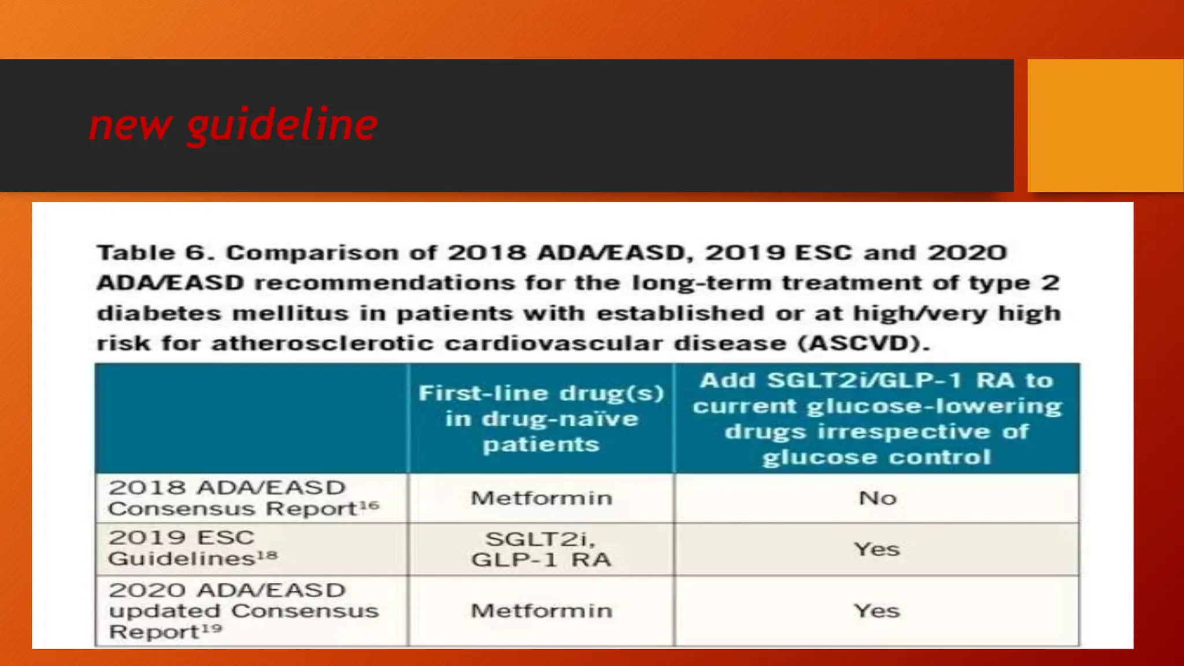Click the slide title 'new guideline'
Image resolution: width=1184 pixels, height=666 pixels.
pos(233,125)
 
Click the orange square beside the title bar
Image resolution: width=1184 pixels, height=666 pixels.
pos(1105,125)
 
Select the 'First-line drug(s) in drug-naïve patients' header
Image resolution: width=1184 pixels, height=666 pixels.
pos(541,419)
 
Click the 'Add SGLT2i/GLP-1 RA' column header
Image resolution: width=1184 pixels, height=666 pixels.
pos(877,419)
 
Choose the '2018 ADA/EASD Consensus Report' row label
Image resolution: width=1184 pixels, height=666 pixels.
pos(243,498)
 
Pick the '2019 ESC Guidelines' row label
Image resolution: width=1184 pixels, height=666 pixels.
pos(192,548)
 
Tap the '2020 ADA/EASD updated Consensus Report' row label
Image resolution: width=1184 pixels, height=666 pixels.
pos(243,610)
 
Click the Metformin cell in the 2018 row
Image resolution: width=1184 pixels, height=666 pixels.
pos(541,498)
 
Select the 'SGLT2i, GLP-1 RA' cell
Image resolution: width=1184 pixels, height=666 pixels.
pos(541,549)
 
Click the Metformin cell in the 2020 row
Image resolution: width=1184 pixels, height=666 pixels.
pos(541,611)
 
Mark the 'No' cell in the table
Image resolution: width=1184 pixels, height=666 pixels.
pos(877,498)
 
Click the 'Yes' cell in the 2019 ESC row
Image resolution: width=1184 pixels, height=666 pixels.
pos(877,549)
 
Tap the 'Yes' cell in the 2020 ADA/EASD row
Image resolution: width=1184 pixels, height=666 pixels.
pos(877,611)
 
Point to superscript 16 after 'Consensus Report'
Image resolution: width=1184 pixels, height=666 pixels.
pos(369,506)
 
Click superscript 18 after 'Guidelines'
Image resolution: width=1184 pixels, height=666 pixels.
pos(267,556)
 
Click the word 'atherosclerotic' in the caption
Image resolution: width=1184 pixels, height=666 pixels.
pos(323,343)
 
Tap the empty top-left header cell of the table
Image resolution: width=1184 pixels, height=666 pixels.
pos(251,419)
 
